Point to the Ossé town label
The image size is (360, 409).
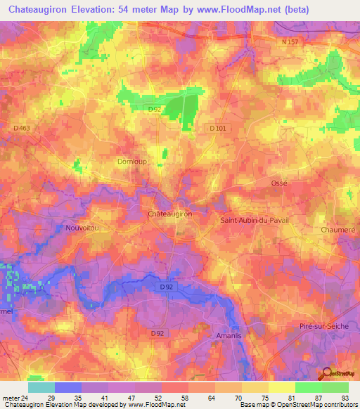point(280,183)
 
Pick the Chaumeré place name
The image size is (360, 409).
point(335,228)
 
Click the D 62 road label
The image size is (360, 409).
point(154,110)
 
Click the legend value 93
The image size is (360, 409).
point(344,397)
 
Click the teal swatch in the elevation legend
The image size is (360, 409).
point(41,387)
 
